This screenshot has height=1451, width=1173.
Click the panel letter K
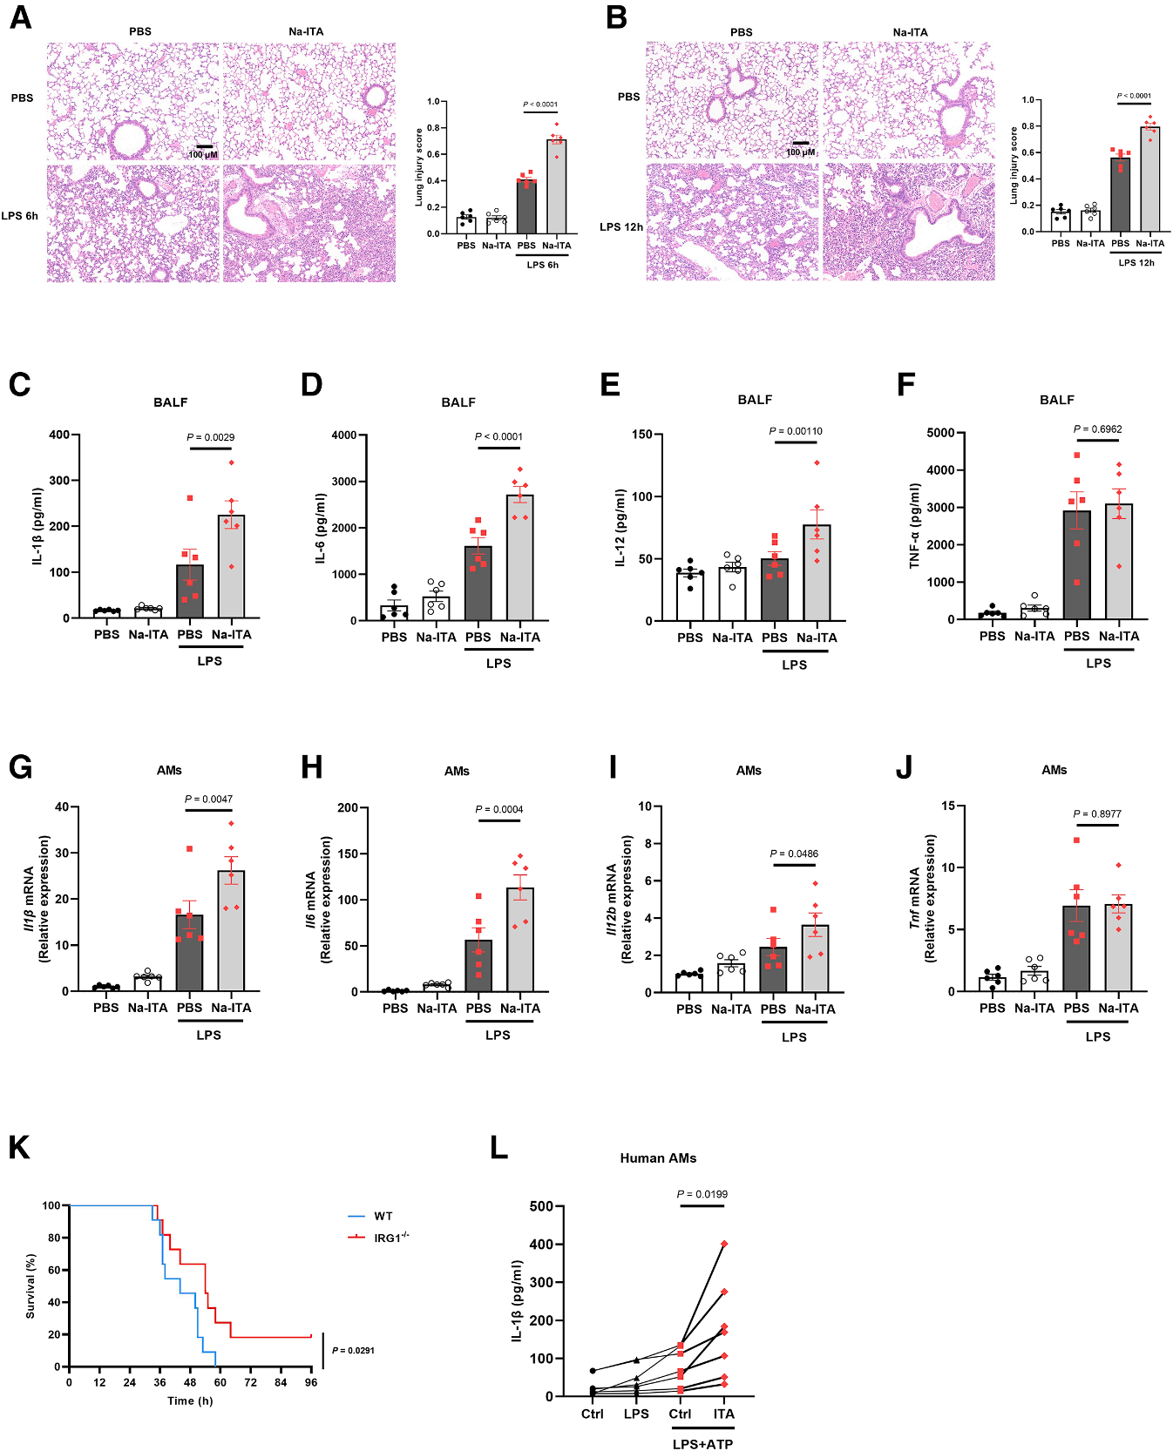coord(18,1148)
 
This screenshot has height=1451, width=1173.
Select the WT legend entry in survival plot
coord(383,1216)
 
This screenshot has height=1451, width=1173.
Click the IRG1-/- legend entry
coord(390,1237)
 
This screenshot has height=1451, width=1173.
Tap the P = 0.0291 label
coord(353,1351)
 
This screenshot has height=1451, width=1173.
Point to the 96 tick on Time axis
coord(310,1382)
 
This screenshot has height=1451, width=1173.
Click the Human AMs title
coord(658,1158)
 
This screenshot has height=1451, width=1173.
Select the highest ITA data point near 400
coord(724,1244)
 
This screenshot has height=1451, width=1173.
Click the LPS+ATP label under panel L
coord(702,1444)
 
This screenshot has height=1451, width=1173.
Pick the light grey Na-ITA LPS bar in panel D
coord(520,557)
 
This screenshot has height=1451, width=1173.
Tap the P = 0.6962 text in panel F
coord(1097,429)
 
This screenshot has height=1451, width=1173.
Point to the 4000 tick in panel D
coord(343,435)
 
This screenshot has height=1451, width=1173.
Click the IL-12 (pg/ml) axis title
coord(620,528)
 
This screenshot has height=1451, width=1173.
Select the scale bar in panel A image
coord(204,146)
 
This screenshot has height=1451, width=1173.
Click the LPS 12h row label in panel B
coord(620,226)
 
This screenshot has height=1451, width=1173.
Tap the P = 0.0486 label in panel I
coord(794,854)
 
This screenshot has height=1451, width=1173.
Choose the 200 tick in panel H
coord(348,807)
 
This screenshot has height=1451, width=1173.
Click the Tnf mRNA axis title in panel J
coord(914,898)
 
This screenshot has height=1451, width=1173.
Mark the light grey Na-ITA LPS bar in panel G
coord(231,930)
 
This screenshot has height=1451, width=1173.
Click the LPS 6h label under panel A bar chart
coord(542,265)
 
